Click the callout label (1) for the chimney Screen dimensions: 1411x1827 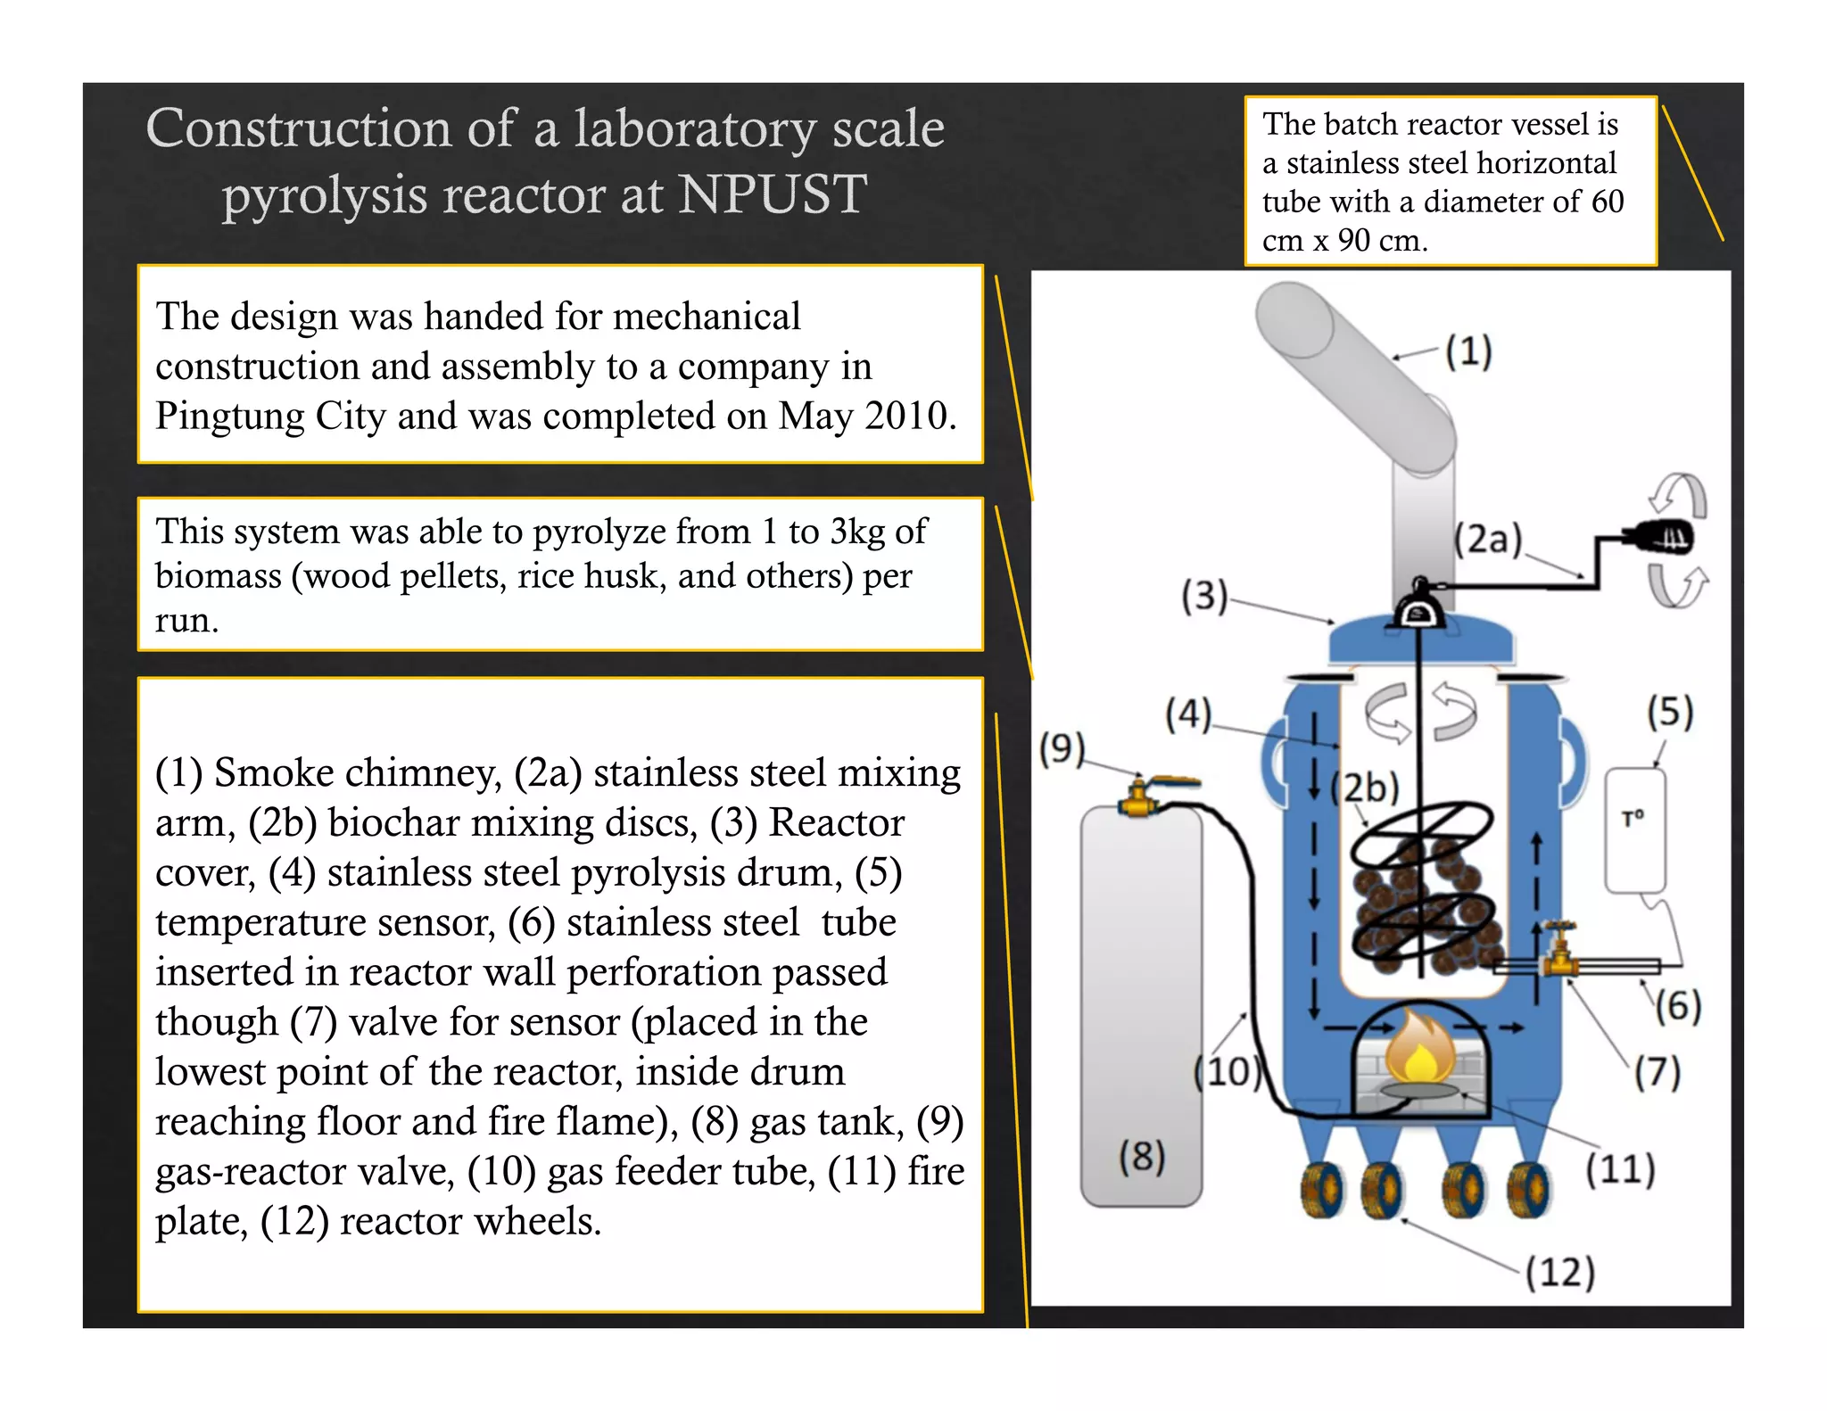click(1468, 351)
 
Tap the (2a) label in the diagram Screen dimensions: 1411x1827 click(1488, 540)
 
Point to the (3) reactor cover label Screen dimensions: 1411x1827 click(1204, 595)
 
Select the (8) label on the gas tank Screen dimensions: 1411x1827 click(1142, 1156)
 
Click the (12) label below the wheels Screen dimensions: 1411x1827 click(1559, 1272)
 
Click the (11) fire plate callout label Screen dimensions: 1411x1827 click(1620, 1169)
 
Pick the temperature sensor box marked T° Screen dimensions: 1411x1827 click(1634, 829)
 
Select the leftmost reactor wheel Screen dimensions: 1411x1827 click(1323, 1189)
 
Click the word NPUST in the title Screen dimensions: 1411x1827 click(772, 194)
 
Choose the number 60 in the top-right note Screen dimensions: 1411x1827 click(1607, 202)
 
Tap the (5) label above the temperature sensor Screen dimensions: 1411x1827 click(1670, 713)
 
